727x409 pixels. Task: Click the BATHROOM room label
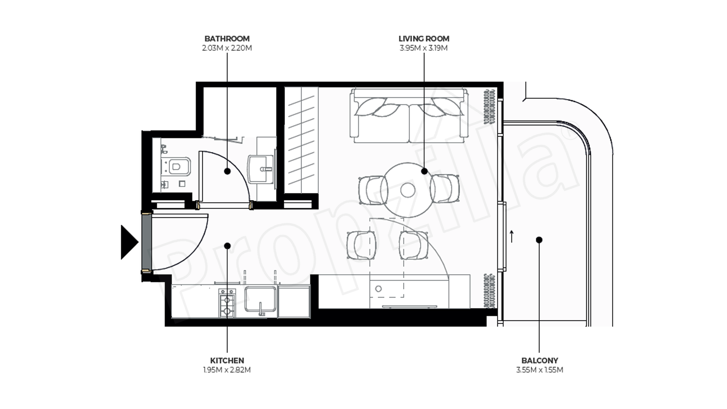(227, 39)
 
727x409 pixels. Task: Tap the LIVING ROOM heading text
(424, 39)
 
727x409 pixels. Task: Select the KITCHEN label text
(227, 360)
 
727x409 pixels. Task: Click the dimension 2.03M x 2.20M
(227, 48)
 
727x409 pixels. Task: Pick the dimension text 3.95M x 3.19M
(424, 48)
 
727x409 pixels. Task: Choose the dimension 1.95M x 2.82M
(227, 370)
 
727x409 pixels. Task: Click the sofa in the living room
(408, 116)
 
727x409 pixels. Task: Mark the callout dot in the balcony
(539, 240)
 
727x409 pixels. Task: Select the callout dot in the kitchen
(227, 246)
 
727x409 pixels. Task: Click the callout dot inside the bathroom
(227, 171)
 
